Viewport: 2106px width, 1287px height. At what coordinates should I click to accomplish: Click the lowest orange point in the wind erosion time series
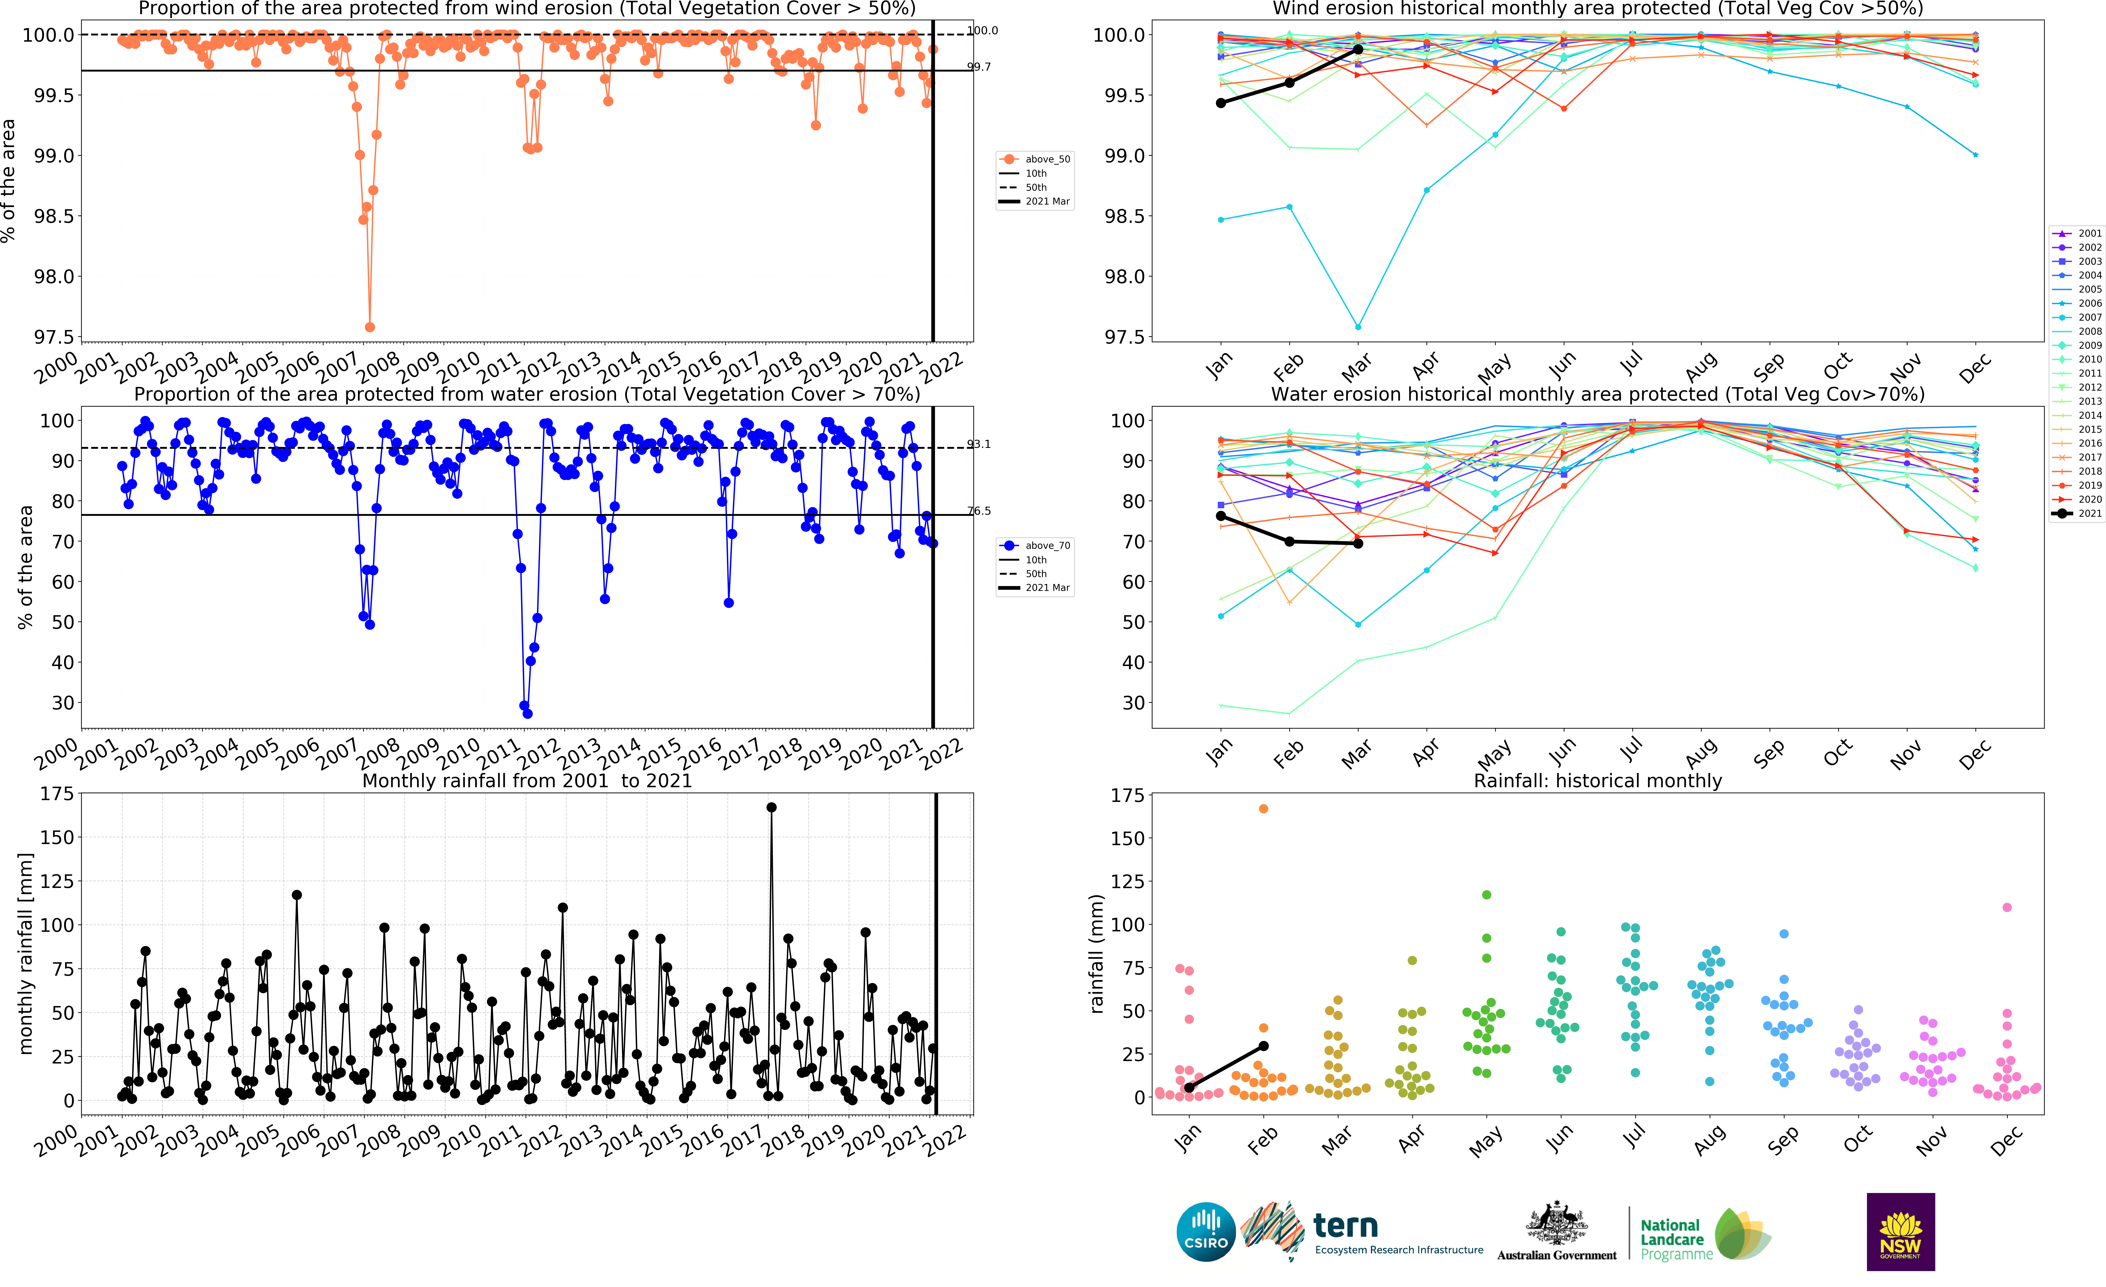pos(369,327)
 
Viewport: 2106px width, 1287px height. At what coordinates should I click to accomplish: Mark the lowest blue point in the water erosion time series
pos(527,713)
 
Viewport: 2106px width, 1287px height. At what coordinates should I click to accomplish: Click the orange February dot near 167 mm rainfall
pos(1263,808)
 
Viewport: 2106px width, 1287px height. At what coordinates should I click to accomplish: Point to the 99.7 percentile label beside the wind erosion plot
pos(979,67)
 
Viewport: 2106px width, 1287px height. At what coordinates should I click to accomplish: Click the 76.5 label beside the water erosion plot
pos(979,511)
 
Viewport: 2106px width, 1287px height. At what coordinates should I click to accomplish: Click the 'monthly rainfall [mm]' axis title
pos(26,953)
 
